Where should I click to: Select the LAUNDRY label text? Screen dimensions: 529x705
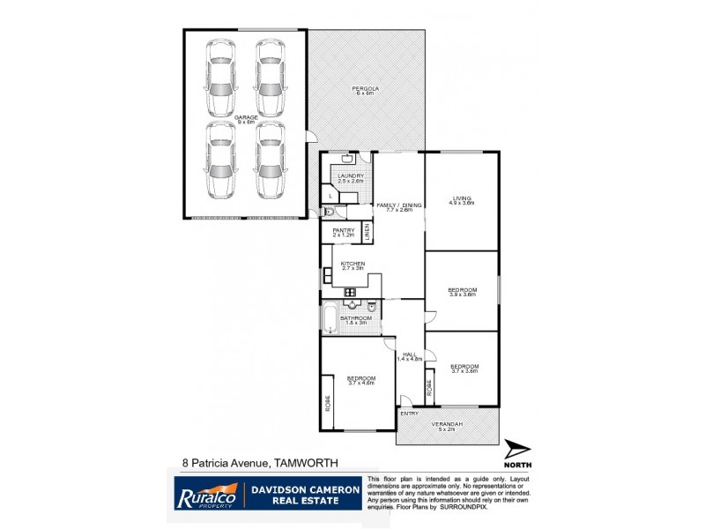click(x=350, y=176)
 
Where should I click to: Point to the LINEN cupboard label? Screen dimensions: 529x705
click(x=367, y=232)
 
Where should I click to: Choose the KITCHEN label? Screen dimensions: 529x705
click(x=352, y=264)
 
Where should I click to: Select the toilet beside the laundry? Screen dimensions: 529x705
click(x=328, y=212)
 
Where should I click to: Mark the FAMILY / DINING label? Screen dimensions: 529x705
click(x=399, y=205)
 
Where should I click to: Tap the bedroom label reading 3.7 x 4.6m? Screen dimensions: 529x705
click(x=361, y=380)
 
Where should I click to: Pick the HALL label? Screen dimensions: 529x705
click(x=410, y=355)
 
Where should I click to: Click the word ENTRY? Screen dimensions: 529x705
click(x=410, y=413)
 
